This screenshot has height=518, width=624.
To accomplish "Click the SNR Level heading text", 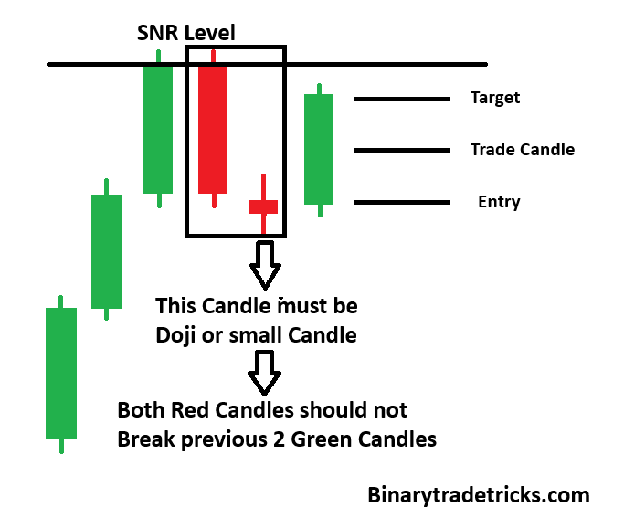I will point(185,33).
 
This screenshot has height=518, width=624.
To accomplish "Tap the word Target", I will point(495,98).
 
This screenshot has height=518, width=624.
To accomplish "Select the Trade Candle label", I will point(523,150).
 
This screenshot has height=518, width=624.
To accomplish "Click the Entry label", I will point(499,202).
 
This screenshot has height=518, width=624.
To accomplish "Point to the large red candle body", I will point(213,129).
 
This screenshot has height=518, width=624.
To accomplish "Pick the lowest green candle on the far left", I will point(61,373).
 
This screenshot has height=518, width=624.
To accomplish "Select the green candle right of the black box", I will point(319,149).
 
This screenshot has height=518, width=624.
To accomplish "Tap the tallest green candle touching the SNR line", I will point(158,129).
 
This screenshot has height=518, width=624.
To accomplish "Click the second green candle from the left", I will point(107,250).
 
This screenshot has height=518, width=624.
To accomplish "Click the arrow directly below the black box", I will point(266,266).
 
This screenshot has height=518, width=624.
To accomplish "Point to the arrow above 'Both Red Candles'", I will point(266,375).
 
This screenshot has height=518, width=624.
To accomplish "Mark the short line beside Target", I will point(402,99).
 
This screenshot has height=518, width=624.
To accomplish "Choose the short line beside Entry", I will point(402,202).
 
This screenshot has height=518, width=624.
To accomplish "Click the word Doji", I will point(178,335).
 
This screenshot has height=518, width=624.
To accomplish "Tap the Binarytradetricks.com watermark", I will point(479,495).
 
